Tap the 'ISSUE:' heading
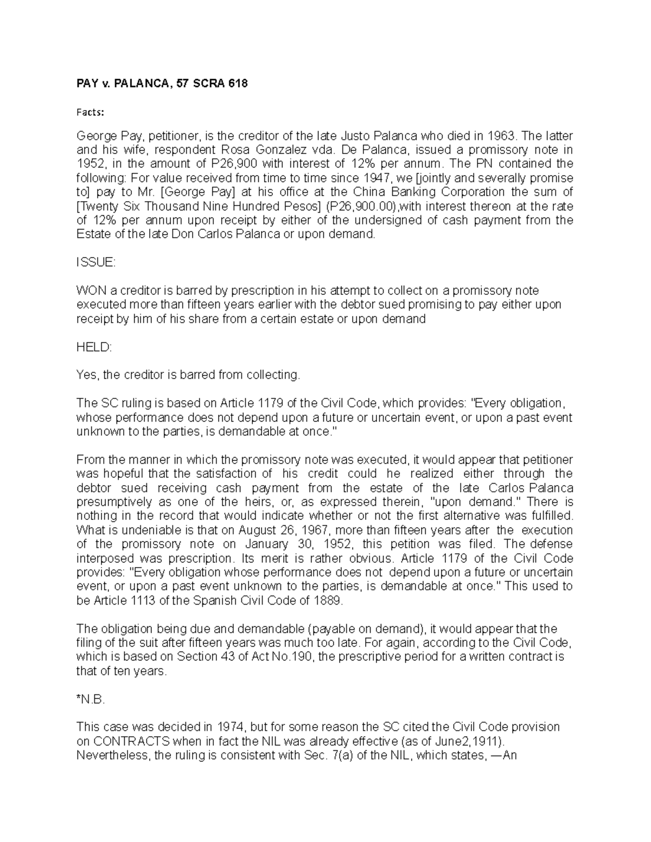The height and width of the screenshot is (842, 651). (x=95, y=262)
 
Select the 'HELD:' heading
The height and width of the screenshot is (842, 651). (x=94, y=347)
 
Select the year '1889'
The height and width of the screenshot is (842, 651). (x=327, y=601)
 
